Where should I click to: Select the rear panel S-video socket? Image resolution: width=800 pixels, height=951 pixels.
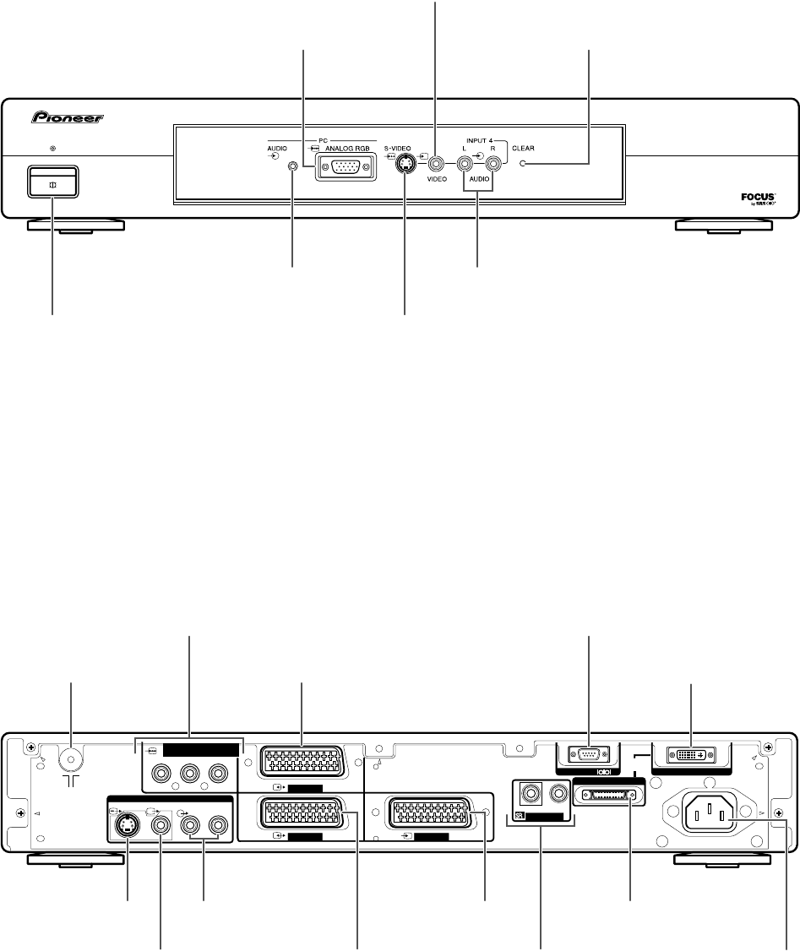click(127, 827)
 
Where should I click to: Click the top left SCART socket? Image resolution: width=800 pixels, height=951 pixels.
click(302, 767)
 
